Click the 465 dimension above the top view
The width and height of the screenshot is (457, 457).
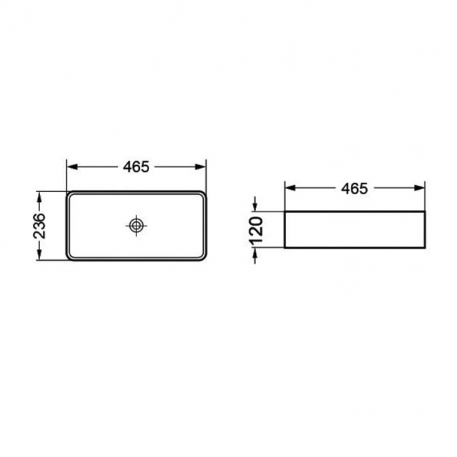tap(136, 167)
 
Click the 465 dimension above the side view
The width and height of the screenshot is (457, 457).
tap(354, 188)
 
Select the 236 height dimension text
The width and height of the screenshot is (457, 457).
tap(41, 226)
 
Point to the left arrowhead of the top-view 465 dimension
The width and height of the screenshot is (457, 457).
tap(72, 167)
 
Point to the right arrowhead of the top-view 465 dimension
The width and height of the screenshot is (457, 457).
tap(202, 167)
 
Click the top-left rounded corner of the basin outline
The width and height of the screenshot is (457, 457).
tap(70, 193)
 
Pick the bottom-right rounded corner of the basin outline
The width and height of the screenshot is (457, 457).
tap(203, 258)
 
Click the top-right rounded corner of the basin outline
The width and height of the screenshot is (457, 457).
tap(203, 193)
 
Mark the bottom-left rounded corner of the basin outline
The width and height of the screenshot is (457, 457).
tap(70, 258)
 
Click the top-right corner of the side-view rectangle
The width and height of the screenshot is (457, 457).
tap(425, 210)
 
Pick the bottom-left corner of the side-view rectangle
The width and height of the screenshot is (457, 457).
tap(284, 247)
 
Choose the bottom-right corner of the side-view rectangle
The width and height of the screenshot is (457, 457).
tap(425, 247)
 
